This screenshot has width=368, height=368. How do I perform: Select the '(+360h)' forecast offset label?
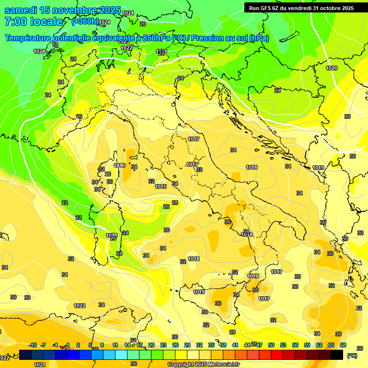[x=85, y=22]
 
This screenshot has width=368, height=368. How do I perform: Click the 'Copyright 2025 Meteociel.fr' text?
[x=204, y=365]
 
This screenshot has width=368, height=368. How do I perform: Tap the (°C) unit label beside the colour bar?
[x=352, y=356]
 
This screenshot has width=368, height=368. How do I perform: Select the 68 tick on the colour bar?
[x=343, y=345]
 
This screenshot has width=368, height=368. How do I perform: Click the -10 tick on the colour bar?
[x=33, y=345]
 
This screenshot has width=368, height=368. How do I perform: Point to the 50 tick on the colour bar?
[x=271, y=345]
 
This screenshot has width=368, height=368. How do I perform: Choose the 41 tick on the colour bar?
[x=235, y=345]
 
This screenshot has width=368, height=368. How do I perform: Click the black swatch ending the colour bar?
[x=337, y=355]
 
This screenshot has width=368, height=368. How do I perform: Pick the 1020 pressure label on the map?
[x=332, y=68]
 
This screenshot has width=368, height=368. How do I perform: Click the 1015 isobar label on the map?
[x=161, y=186]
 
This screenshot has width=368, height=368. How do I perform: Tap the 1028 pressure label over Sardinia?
[x=111, y=235]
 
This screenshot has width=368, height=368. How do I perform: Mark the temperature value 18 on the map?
[x=55, y=45]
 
